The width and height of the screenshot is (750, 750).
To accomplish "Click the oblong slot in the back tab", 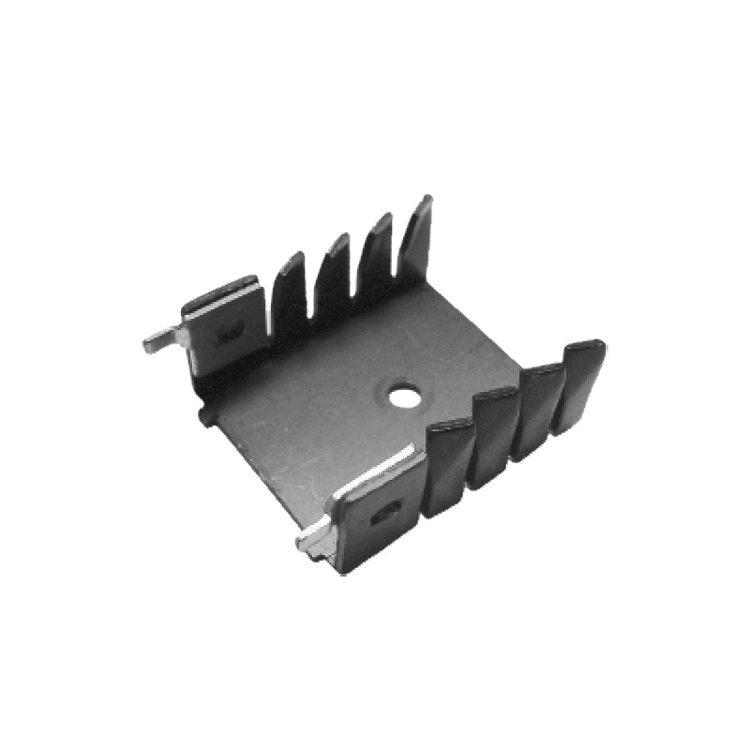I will click(231, 332).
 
